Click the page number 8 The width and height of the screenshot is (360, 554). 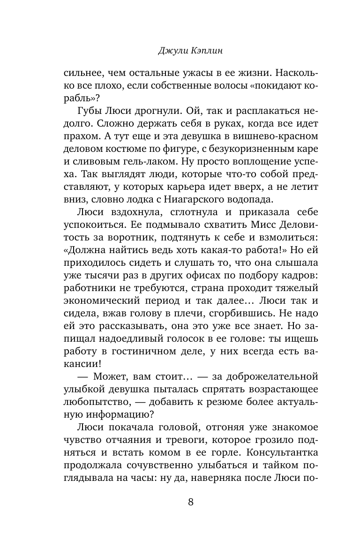click(190, 502)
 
